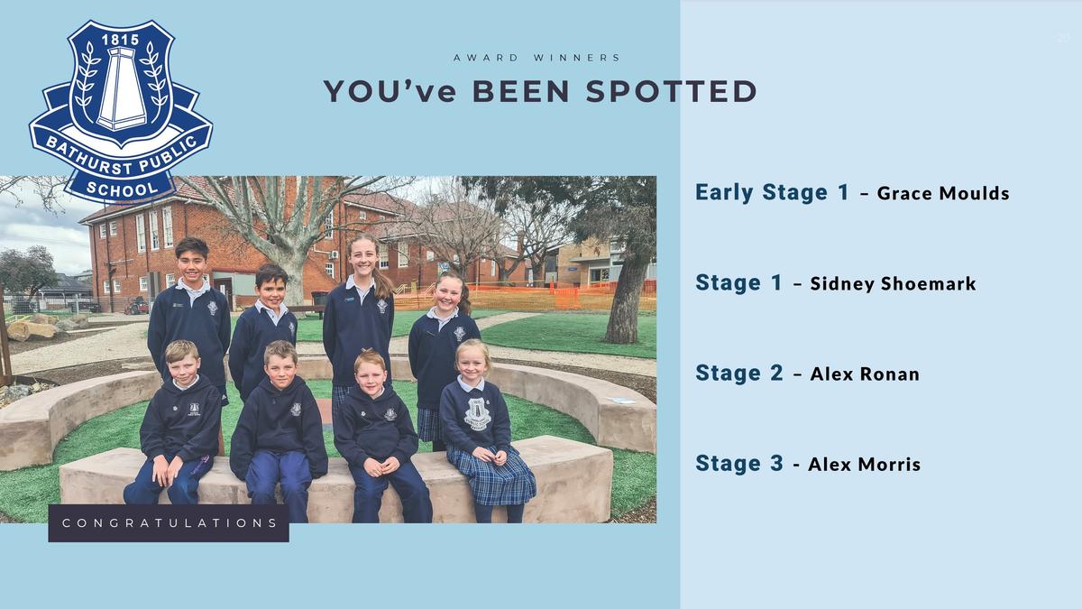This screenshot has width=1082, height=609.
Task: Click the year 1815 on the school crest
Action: coord(120,40)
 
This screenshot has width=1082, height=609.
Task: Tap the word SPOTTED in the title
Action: coord(672,91)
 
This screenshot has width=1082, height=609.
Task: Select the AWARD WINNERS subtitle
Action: coord(536,58)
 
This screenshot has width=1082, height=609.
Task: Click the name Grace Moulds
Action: coord(943,193)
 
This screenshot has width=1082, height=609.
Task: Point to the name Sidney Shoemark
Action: coord(893,283)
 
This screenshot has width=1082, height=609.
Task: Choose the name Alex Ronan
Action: coord(865,374)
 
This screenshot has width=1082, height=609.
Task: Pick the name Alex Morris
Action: coord(864,465)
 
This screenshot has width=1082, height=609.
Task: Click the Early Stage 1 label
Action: coord(772,192)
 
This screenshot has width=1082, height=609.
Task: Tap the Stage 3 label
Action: coord(739,463)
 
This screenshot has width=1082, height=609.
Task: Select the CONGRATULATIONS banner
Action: coord(169,523)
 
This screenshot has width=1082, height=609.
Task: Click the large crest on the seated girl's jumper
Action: coord(477,414)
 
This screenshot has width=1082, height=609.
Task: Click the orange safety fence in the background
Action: coord(527,296)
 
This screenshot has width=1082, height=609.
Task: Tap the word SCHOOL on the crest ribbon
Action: coord(122,189)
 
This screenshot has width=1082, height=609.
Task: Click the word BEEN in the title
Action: coord(521,91)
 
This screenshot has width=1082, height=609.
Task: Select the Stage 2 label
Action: coord(739,374)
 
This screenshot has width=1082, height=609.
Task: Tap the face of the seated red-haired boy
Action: coord(370,374)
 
